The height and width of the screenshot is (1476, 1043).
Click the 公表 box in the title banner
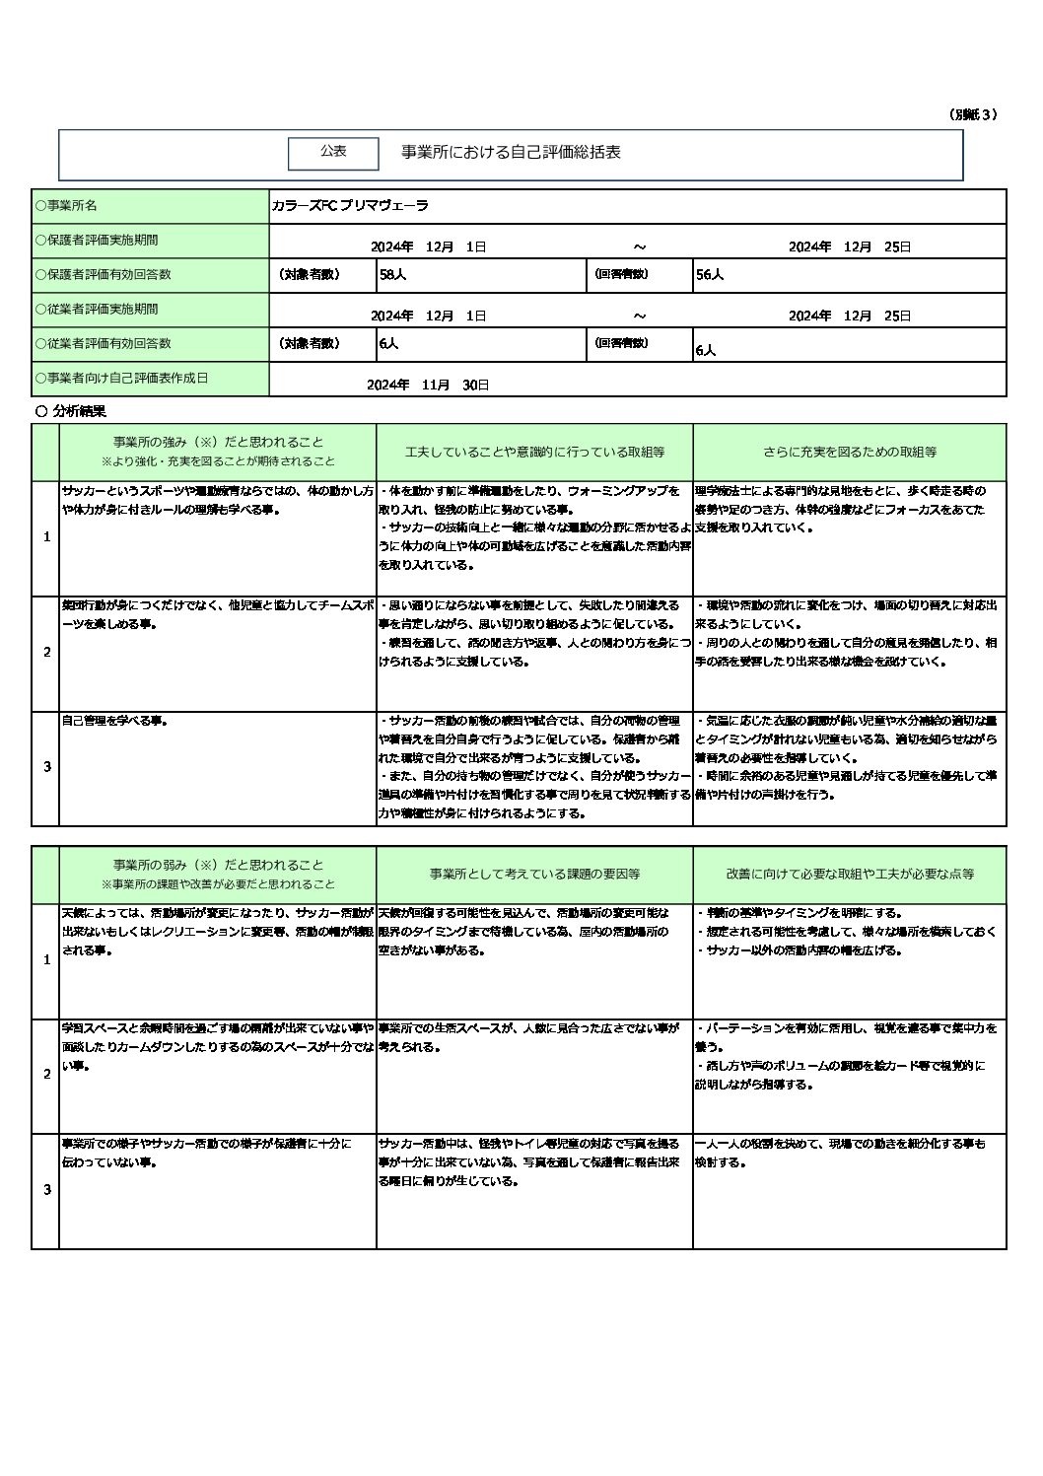coord(333,152)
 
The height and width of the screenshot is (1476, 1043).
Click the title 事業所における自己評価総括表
coord(511,153)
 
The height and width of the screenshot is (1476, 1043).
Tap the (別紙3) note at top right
coord(973,114)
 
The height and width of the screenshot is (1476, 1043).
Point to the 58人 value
coord(392,276)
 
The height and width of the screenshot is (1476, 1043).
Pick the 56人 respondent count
coord(709,276)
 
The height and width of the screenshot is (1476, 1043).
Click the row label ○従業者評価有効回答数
coord(103,343)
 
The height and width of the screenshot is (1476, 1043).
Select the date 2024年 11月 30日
coord(427,385)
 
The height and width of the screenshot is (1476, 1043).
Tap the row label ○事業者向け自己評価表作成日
coord(121,378)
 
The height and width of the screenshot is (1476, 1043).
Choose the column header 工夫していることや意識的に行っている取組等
coord(534,452)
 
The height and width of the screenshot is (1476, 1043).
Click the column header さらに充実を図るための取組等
coord(849,452)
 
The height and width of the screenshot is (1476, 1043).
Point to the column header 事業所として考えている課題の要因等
coord(534,874)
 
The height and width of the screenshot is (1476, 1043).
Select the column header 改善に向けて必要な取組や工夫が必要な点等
coord(850,874)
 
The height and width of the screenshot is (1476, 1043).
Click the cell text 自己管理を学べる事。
coord(114,721)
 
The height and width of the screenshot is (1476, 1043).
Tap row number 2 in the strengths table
coord(46,653)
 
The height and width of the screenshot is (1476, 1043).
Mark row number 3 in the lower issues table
coord(46,1190)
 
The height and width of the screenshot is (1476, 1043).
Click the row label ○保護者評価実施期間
coord(97,241)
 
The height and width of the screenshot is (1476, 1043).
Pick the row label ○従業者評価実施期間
coord(97,309)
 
